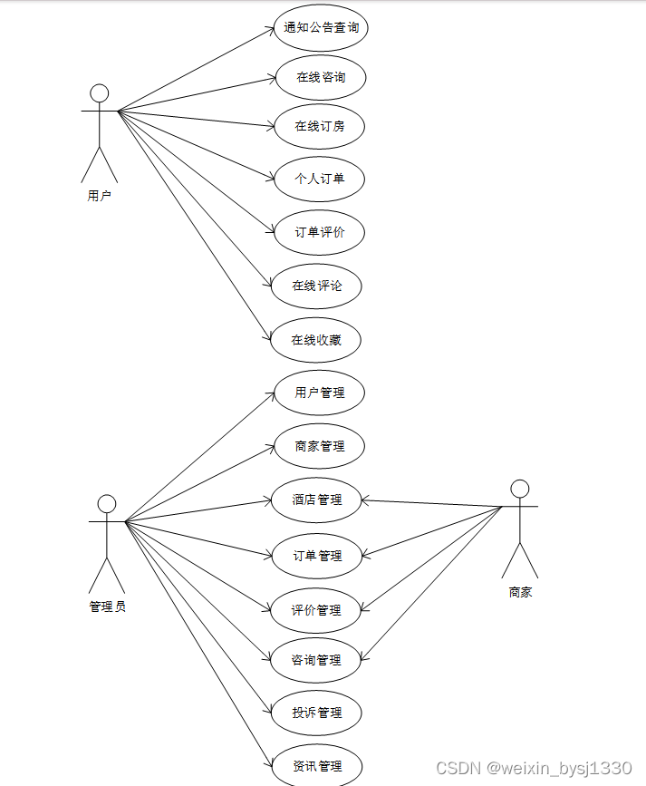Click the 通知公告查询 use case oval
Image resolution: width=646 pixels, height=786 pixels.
point(320,27)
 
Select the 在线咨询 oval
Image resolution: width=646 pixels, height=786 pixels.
point(320,77)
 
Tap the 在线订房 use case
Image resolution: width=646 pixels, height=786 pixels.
point(319,126)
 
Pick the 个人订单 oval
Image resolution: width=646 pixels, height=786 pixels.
point(319,179)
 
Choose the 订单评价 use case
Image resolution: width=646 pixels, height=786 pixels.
point(319,232)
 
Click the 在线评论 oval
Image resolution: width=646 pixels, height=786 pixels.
point(317,286)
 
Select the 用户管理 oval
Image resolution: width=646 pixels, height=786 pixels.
point(319,393)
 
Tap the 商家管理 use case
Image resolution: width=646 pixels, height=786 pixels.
point(319,446)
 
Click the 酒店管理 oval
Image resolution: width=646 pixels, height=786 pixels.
point(317,500)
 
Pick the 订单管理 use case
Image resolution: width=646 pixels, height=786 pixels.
point(317,555)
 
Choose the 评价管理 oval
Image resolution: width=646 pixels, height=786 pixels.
point(316,609)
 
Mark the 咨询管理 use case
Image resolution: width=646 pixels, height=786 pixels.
point(316,660)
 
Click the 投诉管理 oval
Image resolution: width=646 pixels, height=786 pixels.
point(317,713)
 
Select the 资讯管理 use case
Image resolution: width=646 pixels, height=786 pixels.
point(317,765)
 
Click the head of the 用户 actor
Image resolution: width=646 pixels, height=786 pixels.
point(100,93)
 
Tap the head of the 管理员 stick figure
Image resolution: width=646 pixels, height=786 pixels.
point(107,503)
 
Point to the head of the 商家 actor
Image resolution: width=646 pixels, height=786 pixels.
point(519,489)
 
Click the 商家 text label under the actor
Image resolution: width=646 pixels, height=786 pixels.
point(520,592)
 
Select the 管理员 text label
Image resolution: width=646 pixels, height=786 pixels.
point(107,606)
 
